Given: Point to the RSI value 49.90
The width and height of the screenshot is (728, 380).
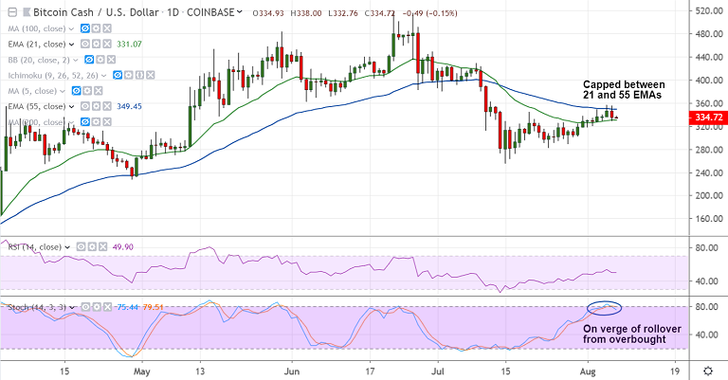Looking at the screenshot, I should (97, 247).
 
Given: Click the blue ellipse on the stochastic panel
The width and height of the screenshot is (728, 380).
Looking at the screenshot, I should (604, 307).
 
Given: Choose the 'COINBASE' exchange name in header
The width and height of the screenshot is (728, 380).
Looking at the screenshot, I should (209, 13).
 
